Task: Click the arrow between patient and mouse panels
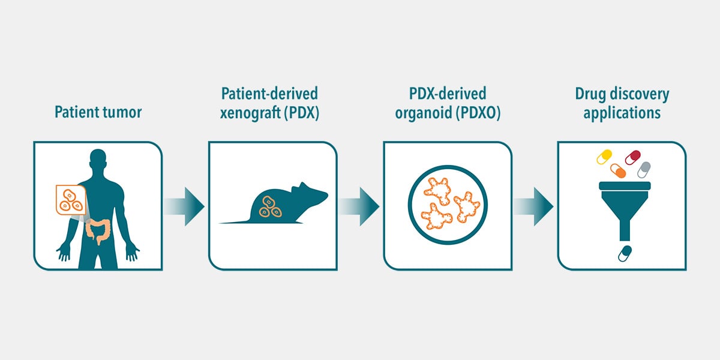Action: pyautogui.click(x=185, y=206)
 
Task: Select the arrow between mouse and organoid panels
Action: pyautogui.click(x=359, y=206)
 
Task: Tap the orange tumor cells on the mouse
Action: pyautogui.click(x=270, y=206)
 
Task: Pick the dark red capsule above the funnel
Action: pyautogui.click(x=633, y=157)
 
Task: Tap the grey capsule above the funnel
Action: pyautogui.click(x=644, y=169)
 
